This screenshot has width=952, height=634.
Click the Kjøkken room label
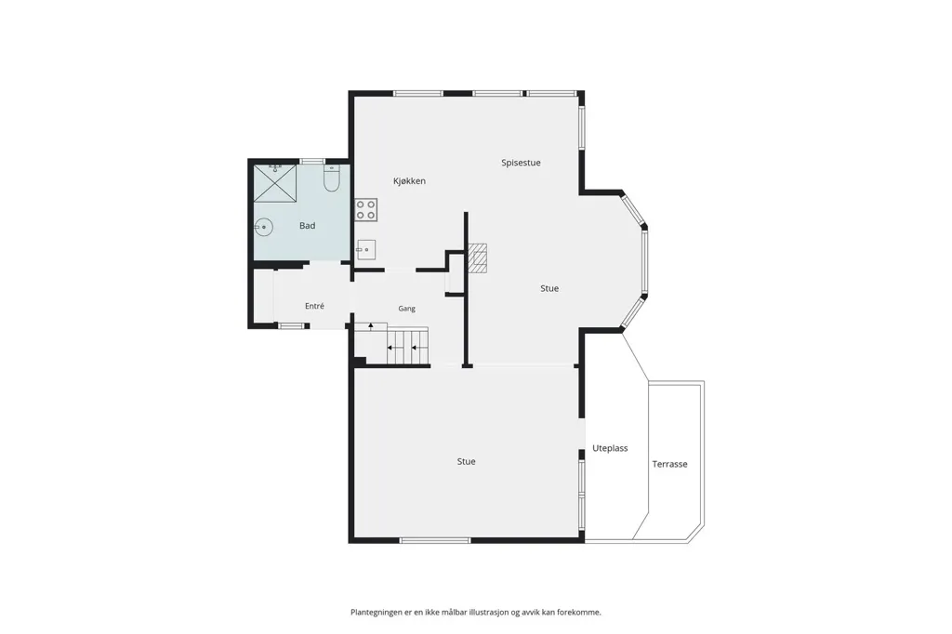tap(409, 181)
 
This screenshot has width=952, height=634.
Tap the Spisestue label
tap(521, 163)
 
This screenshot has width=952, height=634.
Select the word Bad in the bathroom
tap(307, 226)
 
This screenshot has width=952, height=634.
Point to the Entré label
tap(314, 306)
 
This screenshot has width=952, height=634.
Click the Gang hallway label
tap(407, 309)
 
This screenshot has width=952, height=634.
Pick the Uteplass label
tap(610, 448)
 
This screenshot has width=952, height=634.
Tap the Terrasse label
tap(669, 464)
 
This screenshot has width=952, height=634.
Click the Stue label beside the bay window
tap(549, 288)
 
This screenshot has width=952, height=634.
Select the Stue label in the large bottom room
tap(467, 461)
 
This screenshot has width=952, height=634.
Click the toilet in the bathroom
tap(332, 178)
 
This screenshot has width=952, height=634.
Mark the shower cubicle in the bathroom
tap(275, 183)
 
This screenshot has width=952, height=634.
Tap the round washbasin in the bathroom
tap(263, 228)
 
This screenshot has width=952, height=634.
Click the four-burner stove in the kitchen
tap(366, 210)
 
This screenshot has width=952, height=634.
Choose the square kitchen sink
tap(365, 249)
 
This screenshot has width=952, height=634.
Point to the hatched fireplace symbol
tap(477, 258)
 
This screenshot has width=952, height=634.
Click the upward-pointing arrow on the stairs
tap(371, 326)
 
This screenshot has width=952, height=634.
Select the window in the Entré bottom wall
tap(291, 326)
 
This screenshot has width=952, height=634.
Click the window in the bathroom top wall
tap(312, 161)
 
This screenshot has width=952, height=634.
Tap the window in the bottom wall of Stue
tap(435, 540)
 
